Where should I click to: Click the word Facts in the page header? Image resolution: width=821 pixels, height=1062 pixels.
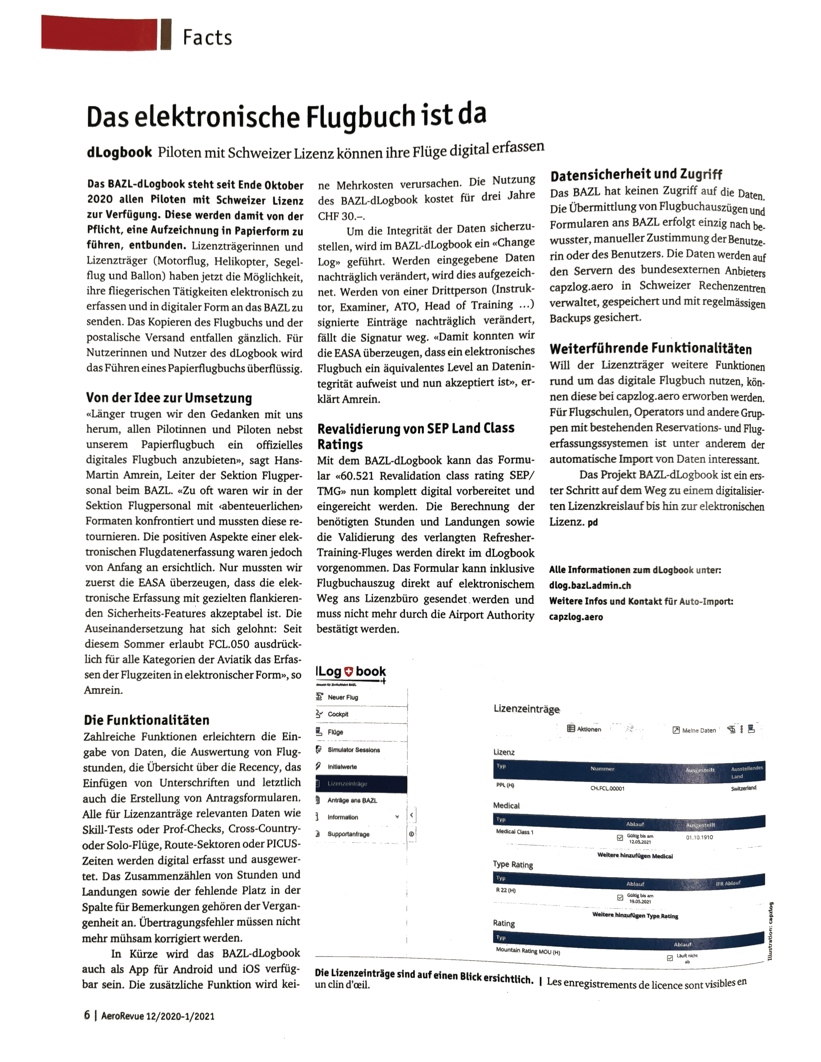coord(207,37)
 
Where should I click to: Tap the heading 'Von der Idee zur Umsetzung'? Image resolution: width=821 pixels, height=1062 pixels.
coord(169,398)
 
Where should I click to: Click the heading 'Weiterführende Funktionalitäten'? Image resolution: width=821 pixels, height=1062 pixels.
coord(650,349)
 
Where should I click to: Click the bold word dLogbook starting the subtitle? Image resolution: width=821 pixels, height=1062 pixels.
coord(119,153)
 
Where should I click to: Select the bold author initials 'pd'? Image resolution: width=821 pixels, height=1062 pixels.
coord(592,522)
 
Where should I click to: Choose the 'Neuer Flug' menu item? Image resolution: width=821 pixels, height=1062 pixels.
coord(342,697)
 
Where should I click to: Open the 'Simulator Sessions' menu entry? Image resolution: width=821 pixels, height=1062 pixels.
coord(354,750)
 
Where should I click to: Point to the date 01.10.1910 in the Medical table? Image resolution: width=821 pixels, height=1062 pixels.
coord(699,837)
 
